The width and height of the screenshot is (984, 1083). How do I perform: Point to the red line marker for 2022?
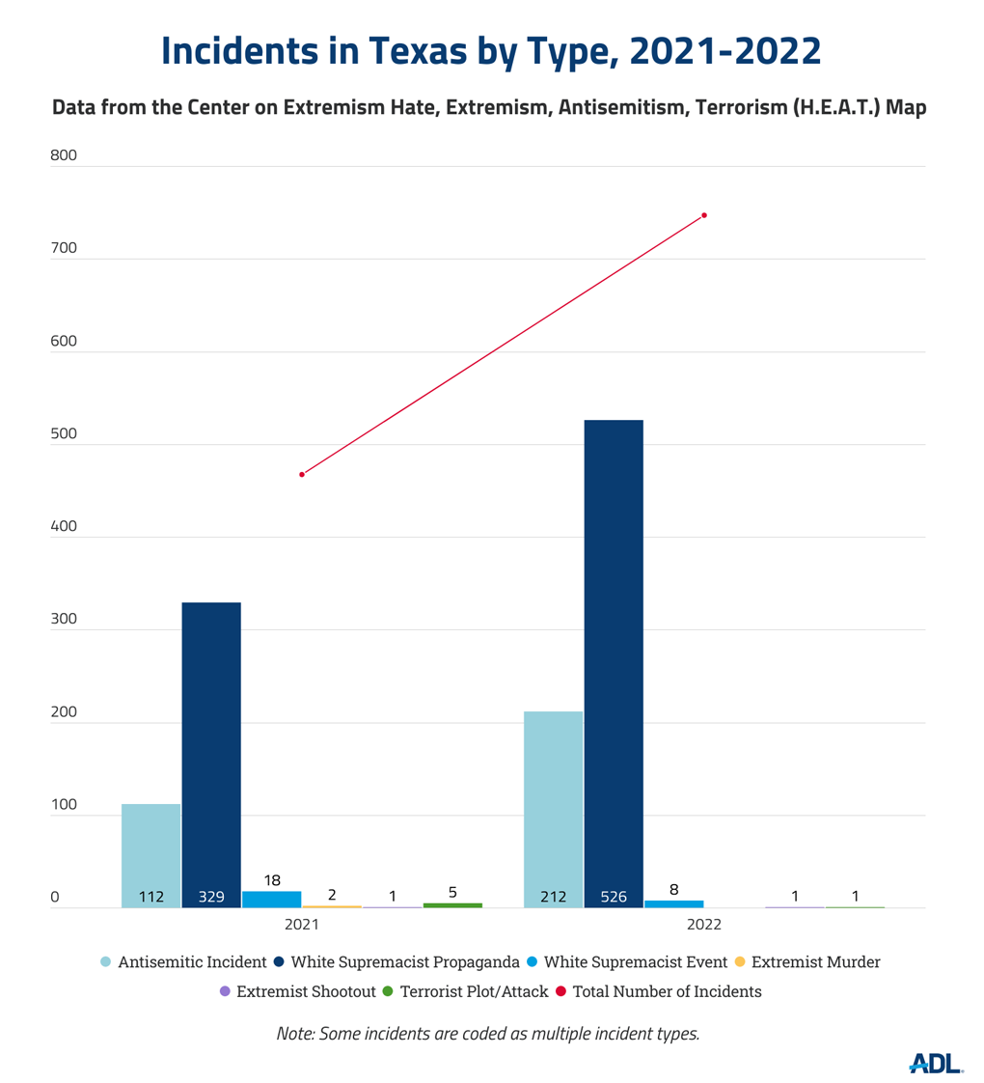click(x=704, y=215)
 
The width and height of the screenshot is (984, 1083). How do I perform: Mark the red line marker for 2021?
click(x=302, y=475)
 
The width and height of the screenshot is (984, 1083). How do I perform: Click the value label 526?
click(x=614, y=897)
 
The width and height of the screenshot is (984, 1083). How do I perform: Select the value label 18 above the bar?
click(x=272, y=880)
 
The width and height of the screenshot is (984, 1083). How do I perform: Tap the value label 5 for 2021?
click(x=452, y=893)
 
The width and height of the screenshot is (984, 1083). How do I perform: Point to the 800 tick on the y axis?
click(x=63, y=155)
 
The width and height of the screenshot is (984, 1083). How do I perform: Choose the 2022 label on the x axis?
click(x=704, y=924)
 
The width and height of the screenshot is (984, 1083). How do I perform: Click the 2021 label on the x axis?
click(x=302, y=924)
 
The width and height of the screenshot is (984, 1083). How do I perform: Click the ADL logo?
click(x=936, y=1063)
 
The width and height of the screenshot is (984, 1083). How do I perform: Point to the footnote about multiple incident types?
click(x=487, y=1033)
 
